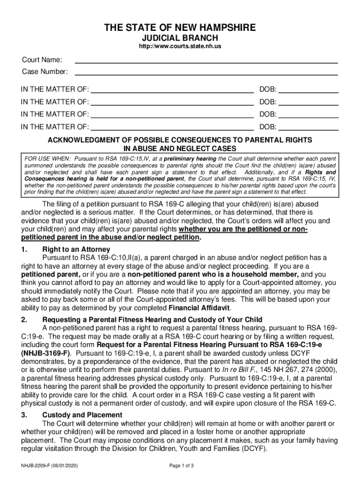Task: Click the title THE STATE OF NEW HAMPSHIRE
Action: click(x=180, y=28)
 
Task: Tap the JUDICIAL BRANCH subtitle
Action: click(x=180, y=38)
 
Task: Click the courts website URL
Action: click(x=180, y=47)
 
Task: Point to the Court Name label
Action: click(x=43, y=60)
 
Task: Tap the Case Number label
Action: click(x=45, y=72)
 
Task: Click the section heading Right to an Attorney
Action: click(x=76, y=249)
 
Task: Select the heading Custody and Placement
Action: click(x=82, y=415)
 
